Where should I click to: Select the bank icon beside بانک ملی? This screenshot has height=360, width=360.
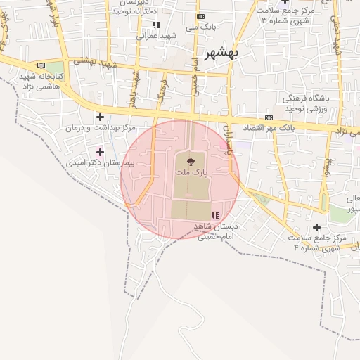pyautogui.click(x=201, y=16)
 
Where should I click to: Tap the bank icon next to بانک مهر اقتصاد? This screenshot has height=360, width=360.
pyautogui.click(x=268, y=118)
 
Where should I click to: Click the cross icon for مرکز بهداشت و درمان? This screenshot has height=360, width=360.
pyautogui.click(x=100, y=117)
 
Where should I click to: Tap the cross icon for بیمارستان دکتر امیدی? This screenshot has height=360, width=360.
pyautogui.click(x=100, y=151)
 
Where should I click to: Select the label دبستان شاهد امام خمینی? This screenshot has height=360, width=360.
pyautogui.click(x=218, y=232)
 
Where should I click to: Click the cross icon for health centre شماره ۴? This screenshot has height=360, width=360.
pyautogui.click(x=316, y=227)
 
